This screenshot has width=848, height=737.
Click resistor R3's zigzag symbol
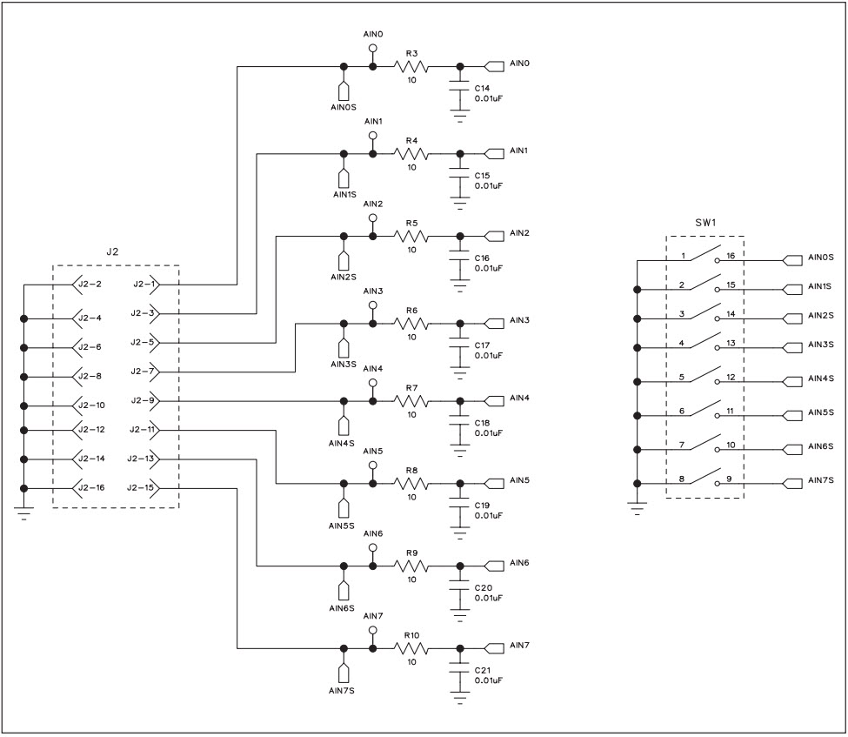coord(411,66)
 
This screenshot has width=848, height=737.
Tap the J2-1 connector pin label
coord(144,284)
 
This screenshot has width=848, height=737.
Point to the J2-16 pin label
coord(90,488)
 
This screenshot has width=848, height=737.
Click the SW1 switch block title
coord(704,223)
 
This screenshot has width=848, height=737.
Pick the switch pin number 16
coord(731,257)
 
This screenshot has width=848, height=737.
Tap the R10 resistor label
coord(411,636)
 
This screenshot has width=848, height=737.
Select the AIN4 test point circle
coord(373,382)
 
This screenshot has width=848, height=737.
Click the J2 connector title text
coord(112,251)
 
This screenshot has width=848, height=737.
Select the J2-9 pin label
coord(144,400)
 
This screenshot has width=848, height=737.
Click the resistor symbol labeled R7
coord(411,401)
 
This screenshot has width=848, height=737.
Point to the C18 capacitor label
coord(483,423)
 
